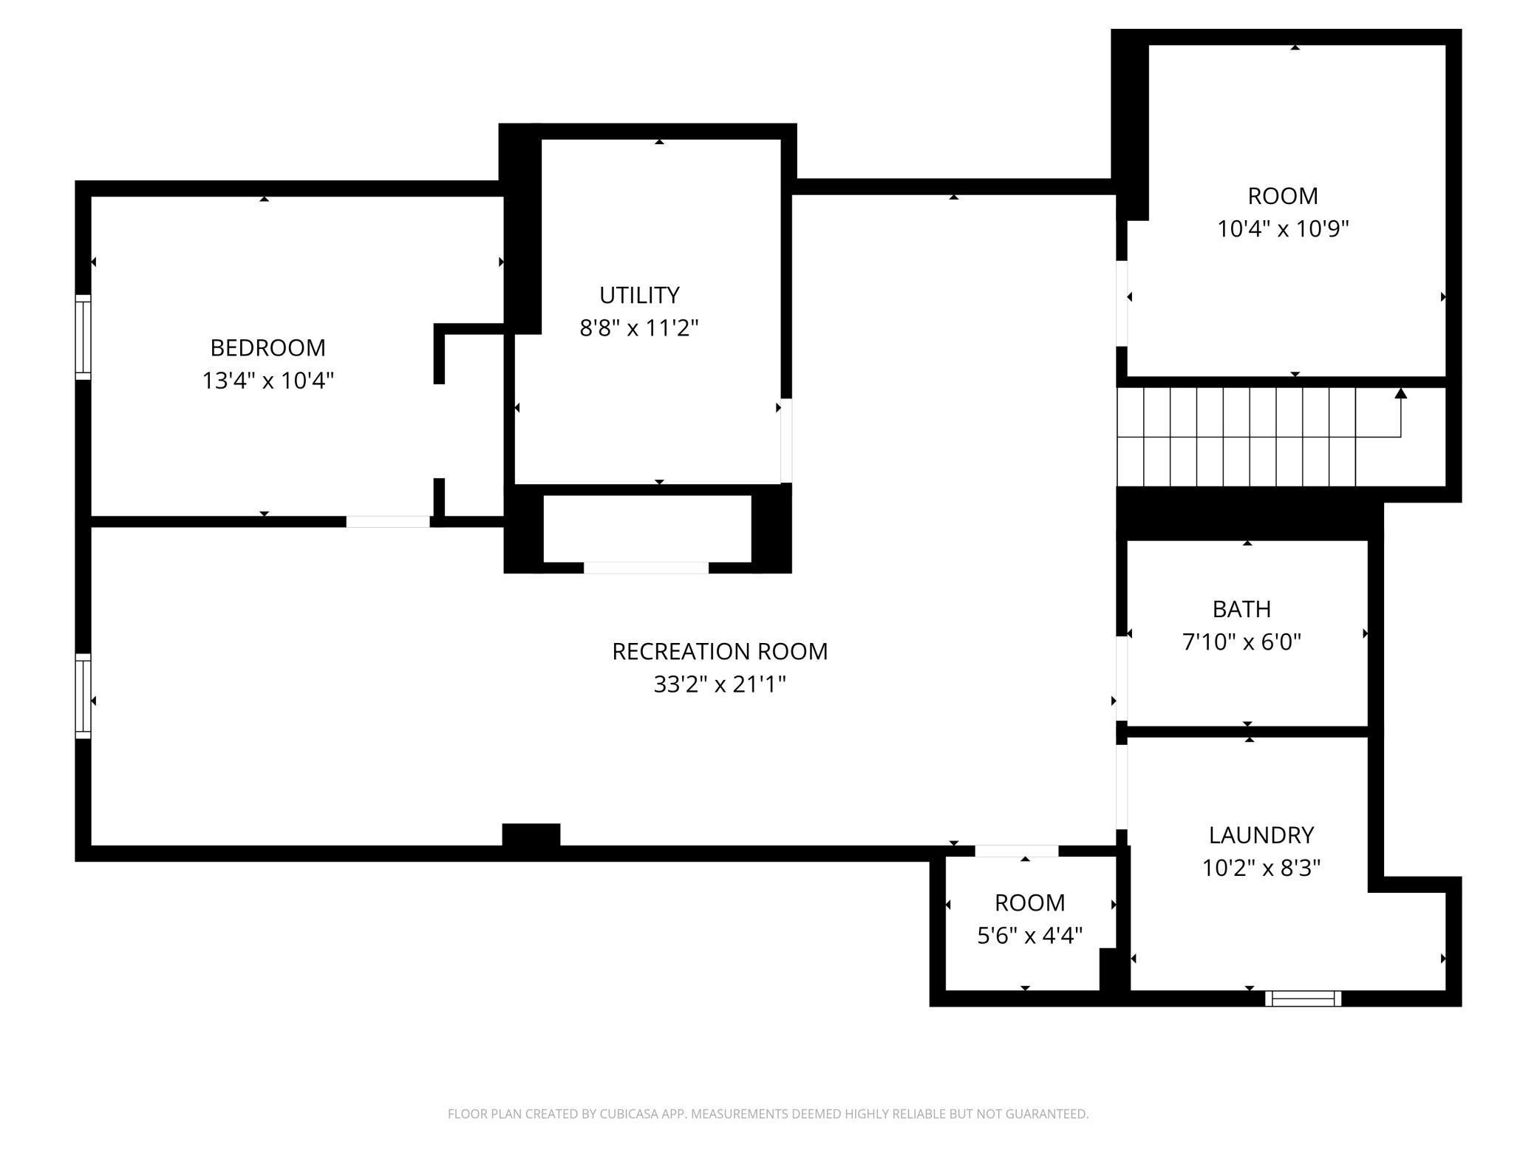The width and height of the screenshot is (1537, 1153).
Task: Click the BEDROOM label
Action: tap(267, 347)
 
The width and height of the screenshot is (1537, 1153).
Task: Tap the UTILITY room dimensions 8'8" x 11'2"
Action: tap(638, 327)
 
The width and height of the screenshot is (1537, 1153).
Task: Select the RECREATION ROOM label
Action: tap(719, 651)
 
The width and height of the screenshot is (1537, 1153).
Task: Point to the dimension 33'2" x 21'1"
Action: tap(719, 684)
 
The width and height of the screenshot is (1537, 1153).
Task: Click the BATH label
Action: tap(1241, 609)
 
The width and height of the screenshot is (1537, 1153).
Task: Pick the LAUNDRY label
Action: tap(1261, 834)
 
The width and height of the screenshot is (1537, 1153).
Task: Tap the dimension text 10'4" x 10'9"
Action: tap(1283, 229)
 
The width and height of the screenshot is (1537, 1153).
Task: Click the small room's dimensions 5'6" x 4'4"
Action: tap(1029, 936)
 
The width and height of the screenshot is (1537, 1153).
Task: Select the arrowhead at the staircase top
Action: tap(1400, 393)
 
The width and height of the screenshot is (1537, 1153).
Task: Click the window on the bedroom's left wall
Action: tap(84, 337)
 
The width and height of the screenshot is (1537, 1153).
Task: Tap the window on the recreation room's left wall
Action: tap(84, 695)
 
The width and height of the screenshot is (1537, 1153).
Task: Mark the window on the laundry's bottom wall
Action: tap(1303, 999)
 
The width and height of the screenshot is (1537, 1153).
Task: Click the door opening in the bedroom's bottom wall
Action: tap(388, 522)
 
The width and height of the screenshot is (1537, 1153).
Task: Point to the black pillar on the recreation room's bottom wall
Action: tap(531, 834)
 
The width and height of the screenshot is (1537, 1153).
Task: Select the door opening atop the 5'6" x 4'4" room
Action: tap(1016, 851)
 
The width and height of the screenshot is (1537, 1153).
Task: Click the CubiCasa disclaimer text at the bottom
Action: tap(768, 1114)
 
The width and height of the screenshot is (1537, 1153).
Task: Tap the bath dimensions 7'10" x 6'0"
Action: tap(1241, 642)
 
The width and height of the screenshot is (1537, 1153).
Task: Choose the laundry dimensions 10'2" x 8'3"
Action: tap(1261, 868)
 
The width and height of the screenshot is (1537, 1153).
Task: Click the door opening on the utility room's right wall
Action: tap(786, 441)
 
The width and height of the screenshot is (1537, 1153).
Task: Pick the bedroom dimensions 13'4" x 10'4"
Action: tap(267, 381)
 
